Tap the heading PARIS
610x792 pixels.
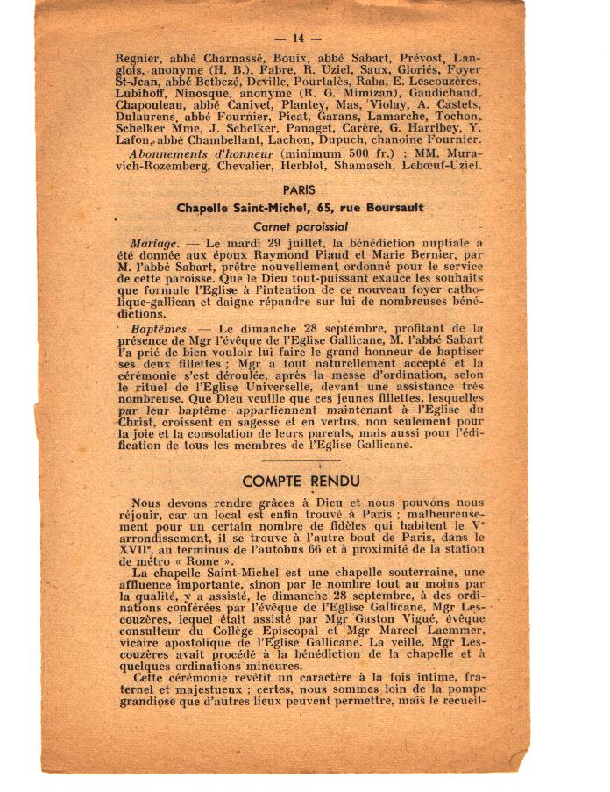click(x=299, y=189)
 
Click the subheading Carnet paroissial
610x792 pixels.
click(x=299, y=225)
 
